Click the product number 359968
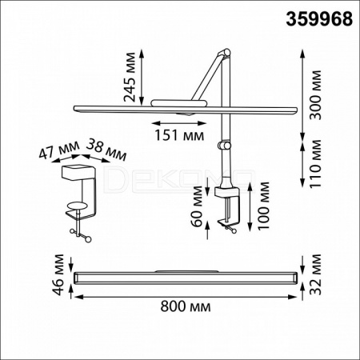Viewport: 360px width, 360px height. [x=319, y=19]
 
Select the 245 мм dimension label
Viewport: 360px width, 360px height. [x=130, y=78]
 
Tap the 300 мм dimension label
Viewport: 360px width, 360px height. [x=316, y=95]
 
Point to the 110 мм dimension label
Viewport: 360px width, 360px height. [x=316, y=163]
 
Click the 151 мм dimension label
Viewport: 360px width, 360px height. [x=179, y=135]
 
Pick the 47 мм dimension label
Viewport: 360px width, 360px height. [x=59, y=150]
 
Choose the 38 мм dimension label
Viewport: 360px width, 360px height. [x=106, y=150]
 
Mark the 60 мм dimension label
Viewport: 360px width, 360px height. [x=198, y=206]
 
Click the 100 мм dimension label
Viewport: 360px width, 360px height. [x=263, y=205]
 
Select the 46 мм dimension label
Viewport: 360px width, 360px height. [x=58, y=274]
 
